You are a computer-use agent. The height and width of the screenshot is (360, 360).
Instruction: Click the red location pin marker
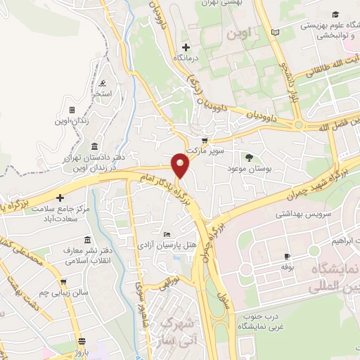pos(180,165)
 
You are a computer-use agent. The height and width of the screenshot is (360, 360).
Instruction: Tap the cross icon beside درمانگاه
pos(185,46)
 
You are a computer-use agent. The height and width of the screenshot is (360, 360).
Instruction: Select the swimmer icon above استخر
pos(103,84)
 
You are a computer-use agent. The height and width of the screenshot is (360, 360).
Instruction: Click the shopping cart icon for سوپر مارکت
pos(205,140)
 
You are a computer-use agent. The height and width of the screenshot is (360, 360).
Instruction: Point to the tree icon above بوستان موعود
pos(248,157)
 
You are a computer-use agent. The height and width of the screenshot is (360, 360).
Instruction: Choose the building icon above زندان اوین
pos(71,110)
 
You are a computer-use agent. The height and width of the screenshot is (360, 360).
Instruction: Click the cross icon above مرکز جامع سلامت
pos(60,198)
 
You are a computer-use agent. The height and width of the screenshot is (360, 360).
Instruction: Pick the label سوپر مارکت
pos(210,150)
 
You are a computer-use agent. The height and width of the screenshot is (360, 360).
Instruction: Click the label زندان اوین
pos(71,121)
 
